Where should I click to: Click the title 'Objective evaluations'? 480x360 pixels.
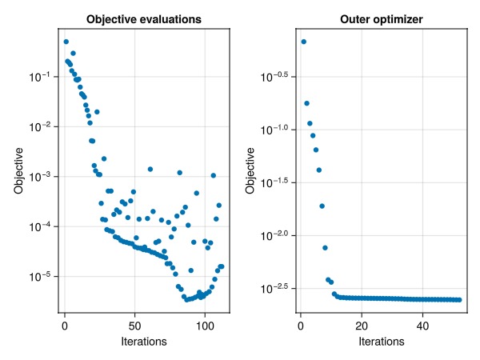pyautogui.click(x=144, y=19)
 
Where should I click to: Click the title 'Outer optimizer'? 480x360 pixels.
pyautogui.click(x=382, y=19)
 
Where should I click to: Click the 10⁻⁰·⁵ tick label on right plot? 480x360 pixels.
pyautogui.click(x=274, y=77)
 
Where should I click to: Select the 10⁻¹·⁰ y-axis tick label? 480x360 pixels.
pyautogui.click(x=274, y=130)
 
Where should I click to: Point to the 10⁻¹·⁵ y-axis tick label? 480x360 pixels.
pyautogui.click(x=274, y=182)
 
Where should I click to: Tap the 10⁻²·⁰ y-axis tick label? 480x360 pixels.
pyautogui.click(x=274, y=236)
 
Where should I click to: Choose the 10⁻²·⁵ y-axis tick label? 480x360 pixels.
pyautogui.click(x=274, y=289)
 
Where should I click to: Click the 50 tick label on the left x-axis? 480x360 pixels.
pyautogui.click(x=134, y=326)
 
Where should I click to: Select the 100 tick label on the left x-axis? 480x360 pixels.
pyautogui.click(x=205, y=326)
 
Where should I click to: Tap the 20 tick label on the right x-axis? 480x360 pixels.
pyautogui.click(x=362, y=326)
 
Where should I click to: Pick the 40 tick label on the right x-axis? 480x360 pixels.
pyautogui.click(x=422, y=326)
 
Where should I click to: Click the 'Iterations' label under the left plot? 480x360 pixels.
pyautogui.click(x=144, y=342)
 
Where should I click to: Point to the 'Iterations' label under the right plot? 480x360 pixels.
pyautogui.click(x=382, y=342)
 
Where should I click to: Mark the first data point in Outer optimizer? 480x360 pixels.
pyautogui.click(x=304, y=42)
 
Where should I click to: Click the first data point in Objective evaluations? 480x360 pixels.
pyautogui.click(x=66, y=42)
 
